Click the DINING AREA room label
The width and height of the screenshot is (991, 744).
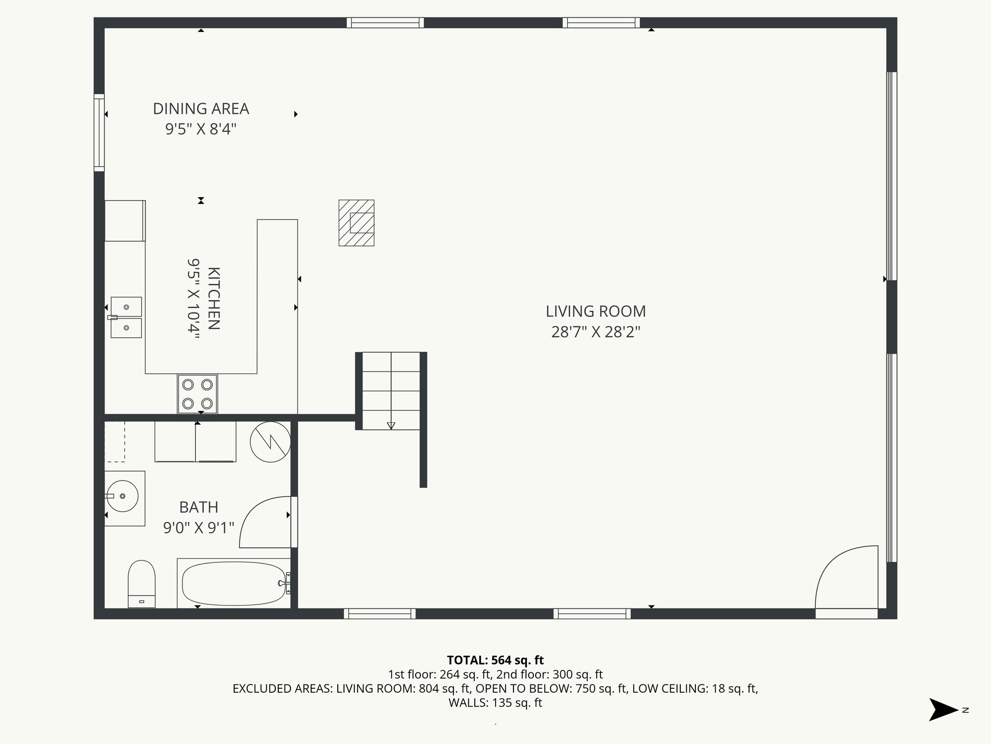click(x=201, y=109)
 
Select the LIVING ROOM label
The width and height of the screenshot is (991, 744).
click(x=596, y=311)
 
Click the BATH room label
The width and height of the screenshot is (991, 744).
click(x=198, y=507)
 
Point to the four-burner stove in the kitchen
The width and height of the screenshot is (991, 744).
click(x=197, y=394)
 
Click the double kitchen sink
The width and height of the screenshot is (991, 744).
click(x=126, y=317)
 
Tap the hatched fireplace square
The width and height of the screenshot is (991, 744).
click(x=357, y=223)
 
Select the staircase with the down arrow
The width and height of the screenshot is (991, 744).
click(x=391, y=390)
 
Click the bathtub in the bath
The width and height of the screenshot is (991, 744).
click(x=234, y=583)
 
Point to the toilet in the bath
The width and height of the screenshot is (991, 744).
click(x=141, y=583)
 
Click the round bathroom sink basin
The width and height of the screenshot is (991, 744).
click(x=122, y=496)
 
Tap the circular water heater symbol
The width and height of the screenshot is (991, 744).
click(x=270, y=442)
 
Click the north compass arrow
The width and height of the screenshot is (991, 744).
click(x=943, y=710)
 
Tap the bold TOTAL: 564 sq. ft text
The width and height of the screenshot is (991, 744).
click(x=495, y=660)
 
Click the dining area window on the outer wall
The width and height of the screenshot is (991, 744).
click(x=99, y=132)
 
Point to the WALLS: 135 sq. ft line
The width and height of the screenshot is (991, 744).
click(x=495, y=703)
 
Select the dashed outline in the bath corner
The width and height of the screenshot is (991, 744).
click(x=115, y=441)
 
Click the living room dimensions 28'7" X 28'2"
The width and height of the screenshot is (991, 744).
click(x=596, y=332)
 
